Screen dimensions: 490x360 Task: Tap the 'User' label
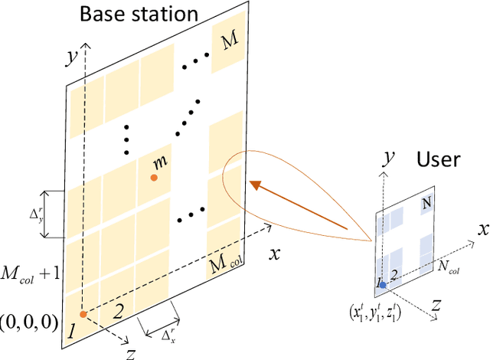[438, 159]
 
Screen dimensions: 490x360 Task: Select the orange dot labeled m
[154, 178]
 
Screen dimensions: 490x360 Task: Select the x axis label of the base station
[273, 253]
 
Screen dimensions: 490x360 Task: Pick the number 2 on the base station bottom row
[118, 311]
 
